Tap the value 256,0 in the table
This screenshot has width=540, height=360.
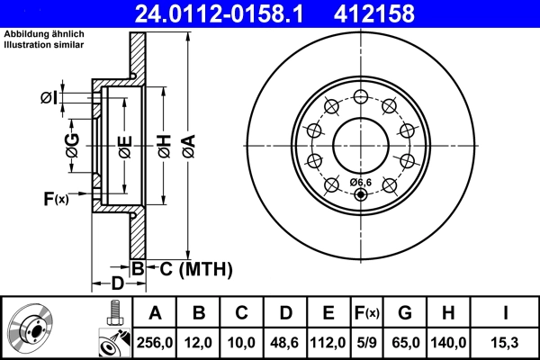155,343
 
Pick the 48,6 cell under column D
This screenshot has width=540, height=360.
285,343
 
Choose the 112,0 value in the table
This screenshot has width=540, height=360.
329,343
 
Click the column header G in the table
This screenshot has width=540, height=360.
405,313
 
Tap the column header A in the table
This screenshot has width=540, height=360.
155,313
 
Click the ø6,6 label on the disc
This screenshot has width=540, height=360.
360,183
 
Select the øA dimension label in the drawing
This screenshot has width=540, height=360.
187,144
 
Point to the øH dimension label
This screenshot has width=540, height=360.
165,145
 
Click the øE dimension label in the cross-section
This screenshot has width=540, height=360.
125,145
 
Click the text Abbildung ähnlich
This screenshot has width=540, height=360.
37,34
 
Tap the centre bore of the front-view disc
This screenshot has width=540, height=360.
360,144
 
